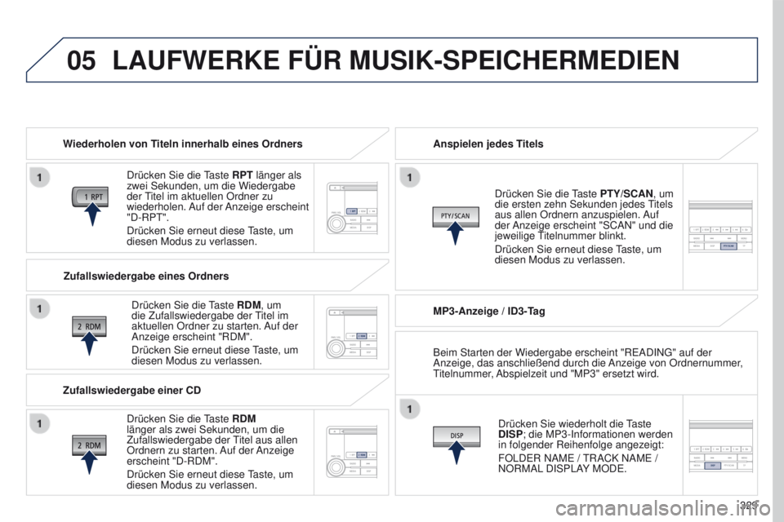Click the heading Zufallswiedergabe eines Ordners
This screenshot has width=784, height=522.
[x=145, y=276]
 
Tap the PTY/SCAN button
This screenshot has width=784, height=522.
[x=455, y=215]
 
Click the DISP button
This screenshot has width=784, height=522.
[x=457, y=436]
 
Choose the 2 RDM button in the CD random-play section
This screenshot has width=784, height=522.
[x=89, y=445]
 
